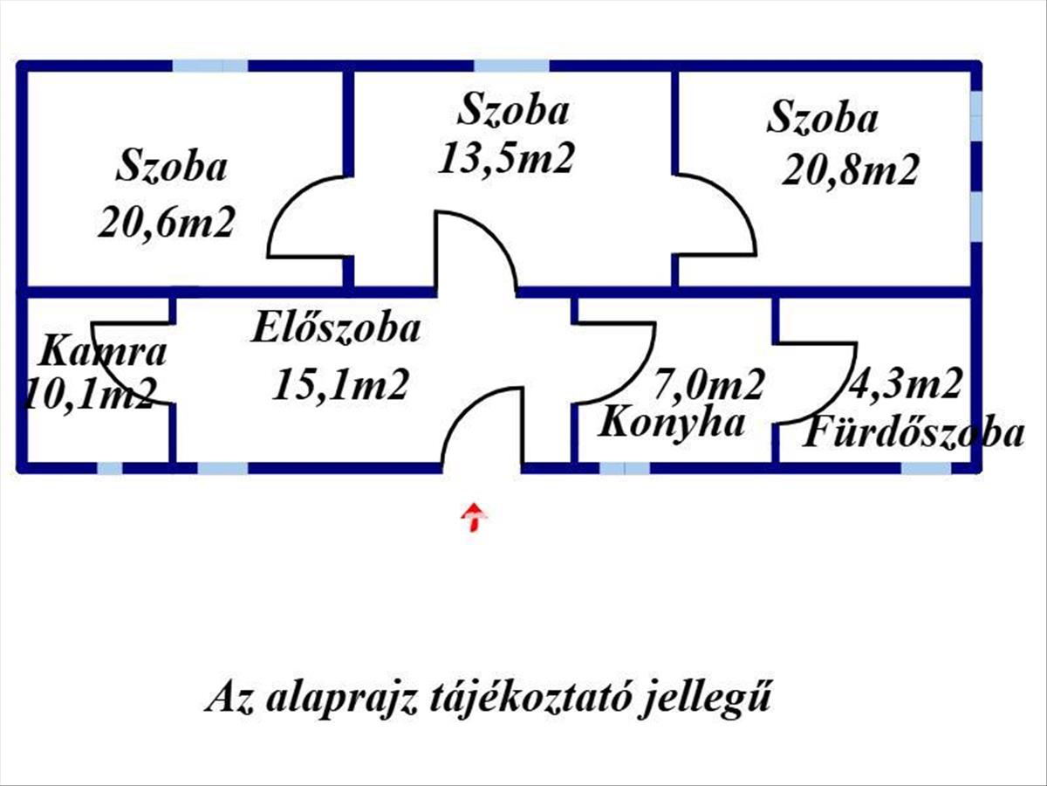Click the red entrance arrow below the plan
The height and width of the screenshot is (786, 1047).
(474, 516)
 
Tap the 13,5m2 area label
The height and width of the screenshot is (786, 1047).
(505, 158)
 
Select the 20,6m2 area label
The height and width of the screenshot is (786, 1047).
(167, 222)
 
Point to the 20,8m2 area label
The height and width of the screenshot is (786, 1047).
(850, 170)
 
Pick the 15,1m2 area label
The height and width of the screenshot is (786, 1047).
(340, 384)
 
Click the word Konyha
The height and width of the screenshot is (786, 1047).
(671, 423)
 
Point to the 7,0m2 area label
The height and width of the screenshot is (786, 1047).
(708, 384)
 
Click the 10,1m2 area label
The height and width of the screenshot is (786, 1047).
(90, 394)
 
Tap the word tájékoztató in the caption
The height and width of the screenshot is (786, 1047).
(529, 699)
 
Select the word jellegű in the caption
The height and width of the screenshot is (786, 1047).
(705, 699)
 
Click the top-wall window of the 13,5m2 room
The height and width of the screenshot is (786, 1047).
(511, 65)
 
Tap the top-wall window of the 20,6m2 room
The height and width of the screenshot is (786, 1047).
(210, 65)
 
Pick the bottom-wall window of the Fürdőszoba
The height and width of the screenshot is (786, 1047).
(926, 468)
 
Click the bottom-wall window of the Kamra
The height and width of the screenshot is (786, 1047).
(110, 468)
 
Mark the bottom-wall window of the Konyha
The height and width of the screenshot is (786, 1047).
(625, 468)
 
